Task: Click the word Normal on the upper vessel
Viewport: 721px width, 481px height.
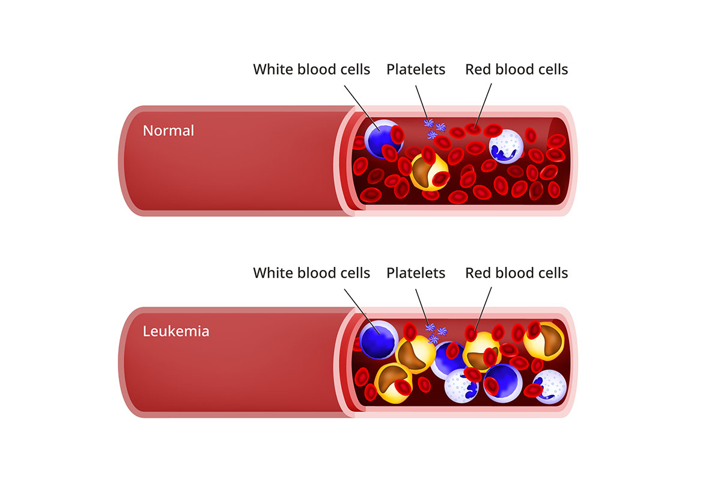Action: click(168, 130)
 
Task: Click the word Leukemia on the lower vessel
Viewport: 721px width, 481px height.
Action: click(176, 331)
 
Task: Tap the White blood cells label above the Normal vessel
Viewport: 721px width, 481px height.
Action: click(311, 69)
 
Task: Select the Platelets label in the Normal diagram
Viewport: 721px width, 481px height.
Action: click(416, 69)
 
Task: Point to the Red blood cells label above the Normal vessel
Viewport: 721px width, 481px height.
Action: click(516, 69)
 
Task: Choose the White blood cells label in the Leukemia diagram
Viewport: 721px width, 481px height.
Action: click(311, 273)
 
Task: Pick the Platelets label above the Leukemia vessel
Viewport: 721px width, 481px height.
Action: click(416, 273)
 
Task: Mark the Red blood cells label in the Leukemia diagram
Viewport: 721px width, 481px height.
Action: click(516, 273)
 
